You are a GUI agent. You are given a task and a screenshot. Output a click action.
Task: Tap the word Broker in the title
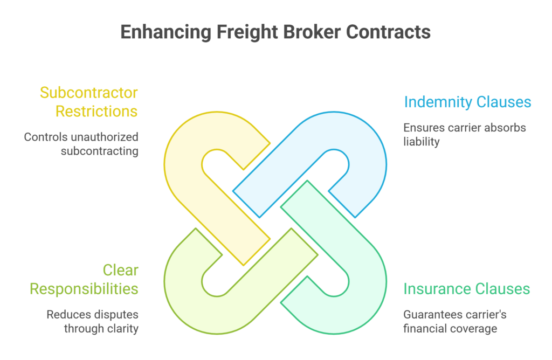(x=310, y=32)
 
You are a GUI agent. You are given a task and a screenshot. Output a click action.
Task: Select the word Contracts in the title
(x=388, y=32)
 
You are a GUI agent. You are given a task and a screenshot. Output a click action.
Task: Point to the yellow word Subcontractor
(x=89, y=93)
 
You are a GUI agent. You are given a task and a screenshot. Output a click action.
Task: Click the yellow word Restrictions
(x=97, y=111)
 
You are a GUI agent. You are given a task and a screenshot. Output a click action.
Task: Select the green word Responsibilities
(x=84, y=289)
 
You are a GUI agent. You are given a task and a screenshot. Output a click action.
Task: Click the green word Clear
(x=121, y=271)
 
